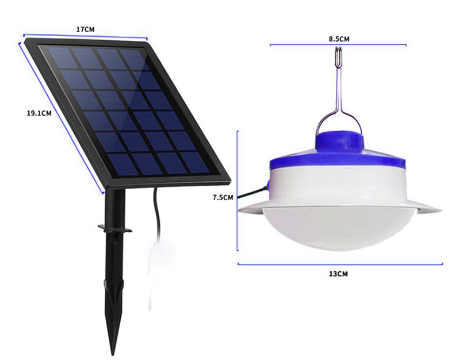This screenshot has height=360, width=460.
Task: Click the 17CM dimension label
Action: pyautogui.click(x=85, y=29)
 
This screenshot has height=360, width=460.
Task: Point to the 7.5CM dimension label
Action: pyautogui.click(x=223, y=197)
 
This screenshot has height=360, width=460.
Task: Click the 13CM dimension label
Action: pyautogui.click(x=338, y=274)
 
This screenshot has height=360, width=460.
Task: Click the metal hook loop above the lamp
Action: pyautogui.click(x=339, y=58)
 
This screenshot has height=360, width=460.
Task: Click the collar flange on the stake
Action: pyautogui.click(x=115, y=229)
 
